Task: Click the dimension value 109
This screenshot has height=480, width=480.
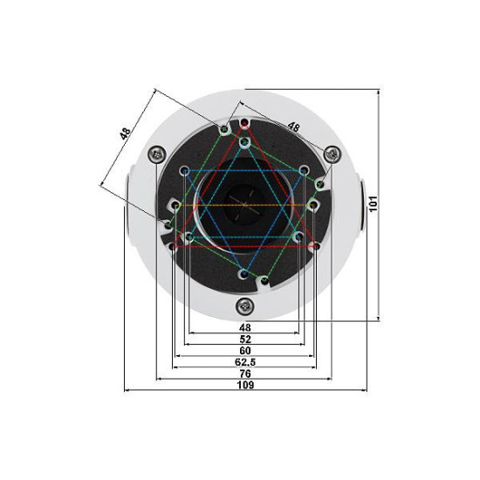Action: click(x=245, y=385)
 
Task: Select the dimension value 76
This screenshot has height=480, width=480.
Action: click(x=245, y=374)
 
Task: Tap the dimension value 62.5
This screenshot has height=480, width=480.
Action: click(x=245, y=362)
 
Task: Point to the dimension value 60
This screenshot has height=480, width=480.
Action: click(x=245, y=351)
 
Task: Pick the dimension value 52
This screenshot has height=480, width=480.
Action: click(x=245, y=339)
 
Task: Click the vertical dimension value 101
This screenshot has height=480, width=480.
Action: click(x=374, y=203)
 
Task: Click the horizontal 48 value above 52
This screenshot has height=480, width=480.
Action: click(x=245, y=328)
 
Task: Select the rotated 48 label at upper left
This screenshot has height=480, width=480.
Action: click(x=125, y=134)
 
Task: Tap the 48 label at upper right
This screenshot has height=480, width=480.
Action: click(x=293, y=127)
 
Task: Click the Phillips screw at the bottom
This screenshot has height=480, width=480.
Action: click(x=245, y=305)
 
